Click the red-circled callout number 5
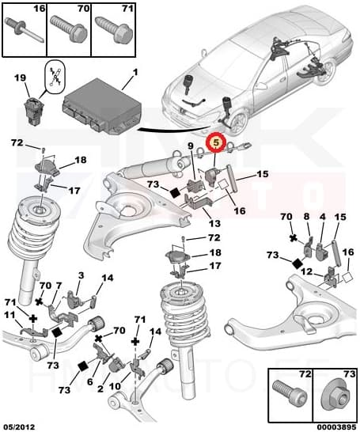tap(214, 144)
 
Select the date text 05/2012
tap(19, 425)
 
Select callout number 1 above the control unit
tap(135, 73)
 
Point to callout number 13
tap(214, 223)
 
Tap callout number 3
tap(80, 275)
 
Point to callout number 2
tap(100, 388)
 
